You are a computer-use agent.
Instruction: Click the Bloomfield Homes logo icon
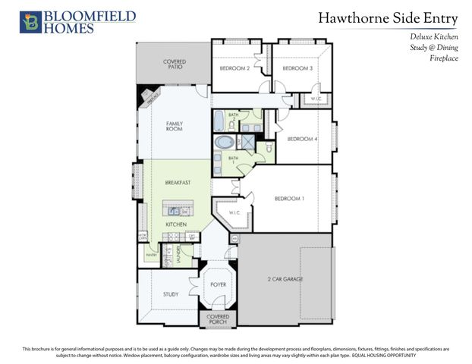tap(30, 22)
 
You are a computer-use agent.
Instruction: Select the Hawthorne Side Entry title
tap(388, 17)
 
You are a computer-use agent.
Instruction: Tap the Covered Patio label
tap(174, 64)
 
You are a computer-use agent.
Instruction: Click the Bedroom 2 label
tap(234, 68)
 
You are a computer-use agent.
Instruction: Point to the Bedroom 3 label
tap(297, 68)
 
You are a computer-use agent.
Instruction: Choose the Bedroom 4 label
tap(302, 139)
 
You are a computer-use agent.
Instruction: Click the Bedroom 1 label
tap(289, 199)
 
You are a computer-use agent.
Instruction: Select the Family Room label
tap(175, 126)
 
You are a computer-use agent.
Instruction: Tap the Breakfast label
tap(178, 183)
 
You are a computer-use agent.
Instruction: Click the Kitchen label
tap(177, 224)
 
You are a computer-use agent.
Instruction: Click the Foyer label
tap(219, 284)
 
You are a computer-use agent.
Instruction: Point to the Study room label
tap(171, 294)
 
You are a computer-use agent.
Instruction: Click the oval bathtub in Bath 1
tap(225, 142)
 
